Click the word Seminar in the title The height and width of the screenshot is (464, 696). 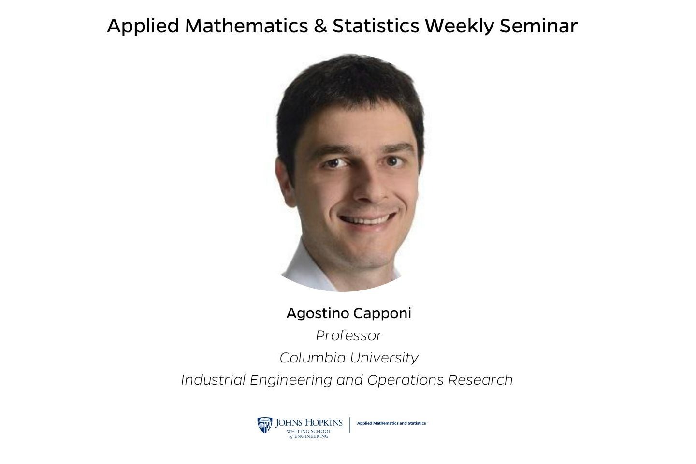538,26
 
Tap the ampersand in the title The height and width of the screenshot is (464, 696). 320,26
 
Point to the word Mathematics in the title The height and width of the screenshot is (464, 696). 246,26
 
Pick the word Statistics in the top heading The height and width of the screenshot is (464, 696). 376,26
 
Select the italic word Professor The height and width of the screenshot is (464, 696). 348,335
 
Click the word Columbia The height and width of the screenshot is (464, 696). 313,358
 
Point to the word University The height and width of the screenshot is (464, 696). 384,358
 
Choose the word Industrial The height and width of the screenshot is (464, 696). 213,380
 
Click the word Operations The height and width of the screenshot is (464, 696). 405,380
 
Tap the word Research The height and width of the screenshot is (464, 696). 480,380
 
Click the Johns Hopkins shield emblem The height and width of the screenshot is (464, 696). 264,425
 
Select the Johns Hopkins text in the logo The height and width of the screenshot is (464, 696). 309,423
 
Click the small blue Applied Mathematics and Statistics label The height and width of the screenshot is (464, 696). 391,423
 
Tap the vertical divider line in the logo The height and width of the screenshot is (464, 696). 349,425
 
